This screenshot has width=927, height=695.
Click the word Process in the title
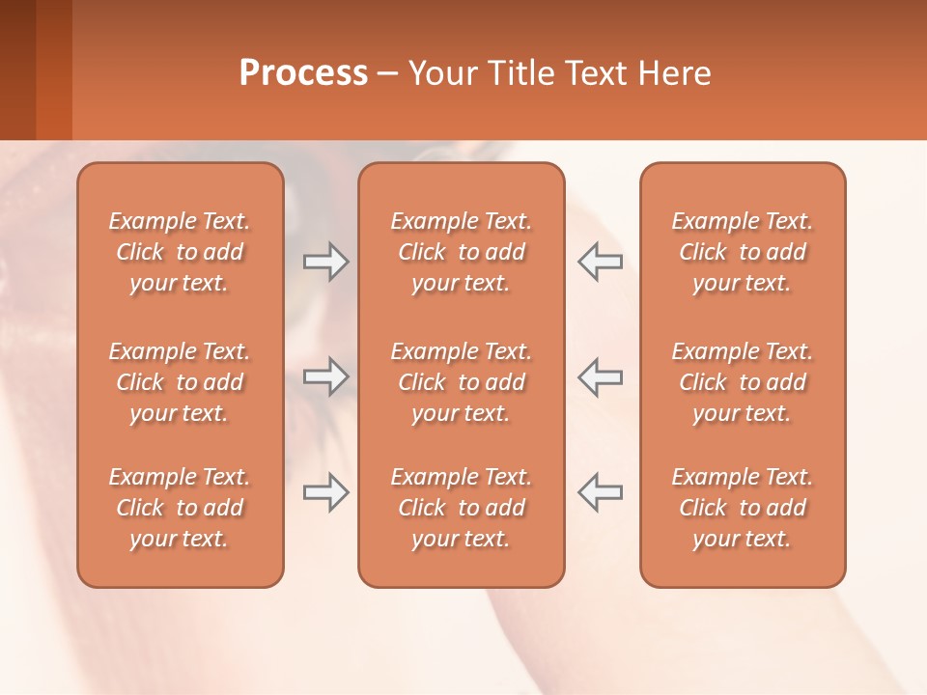click(x=303, y=73)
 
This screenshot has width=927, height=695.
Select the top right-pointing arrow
click(x=325, y=262)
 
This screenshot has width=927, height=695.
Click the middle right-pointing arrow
click(x=325, y=376)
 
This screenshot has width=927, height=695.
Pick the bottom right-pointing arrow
click(x=325, y=492)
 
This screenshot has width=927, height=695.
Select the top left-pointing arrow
click(x=600, y=262)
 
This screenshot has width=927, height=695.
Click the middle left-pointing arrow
click(x=600, y=376)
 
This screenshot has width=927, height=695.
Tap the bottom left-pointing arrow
click(x=600, y=492)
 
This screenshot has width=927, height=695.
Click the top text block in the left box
click(x=180, y=252)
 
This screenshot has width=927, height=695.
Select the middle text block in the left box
click(x=180, y=382)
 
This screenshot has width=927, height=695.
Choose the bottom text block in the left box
click(x=180, y=508)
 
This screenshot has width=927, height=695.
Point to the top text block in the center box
click(x=461, y=252)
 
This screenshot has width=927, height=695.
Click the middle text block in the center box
click(x=461, y=382)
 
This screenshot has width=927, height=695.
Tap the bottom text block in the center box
click(x=461, y=508)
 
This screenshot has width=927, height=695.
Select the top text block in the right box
click(x=743, y=252)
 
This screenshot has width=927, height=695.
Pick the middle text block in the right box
click(x=743, y=382)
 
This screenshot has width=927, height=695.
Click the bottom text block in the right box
click(x=743, y=508)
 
